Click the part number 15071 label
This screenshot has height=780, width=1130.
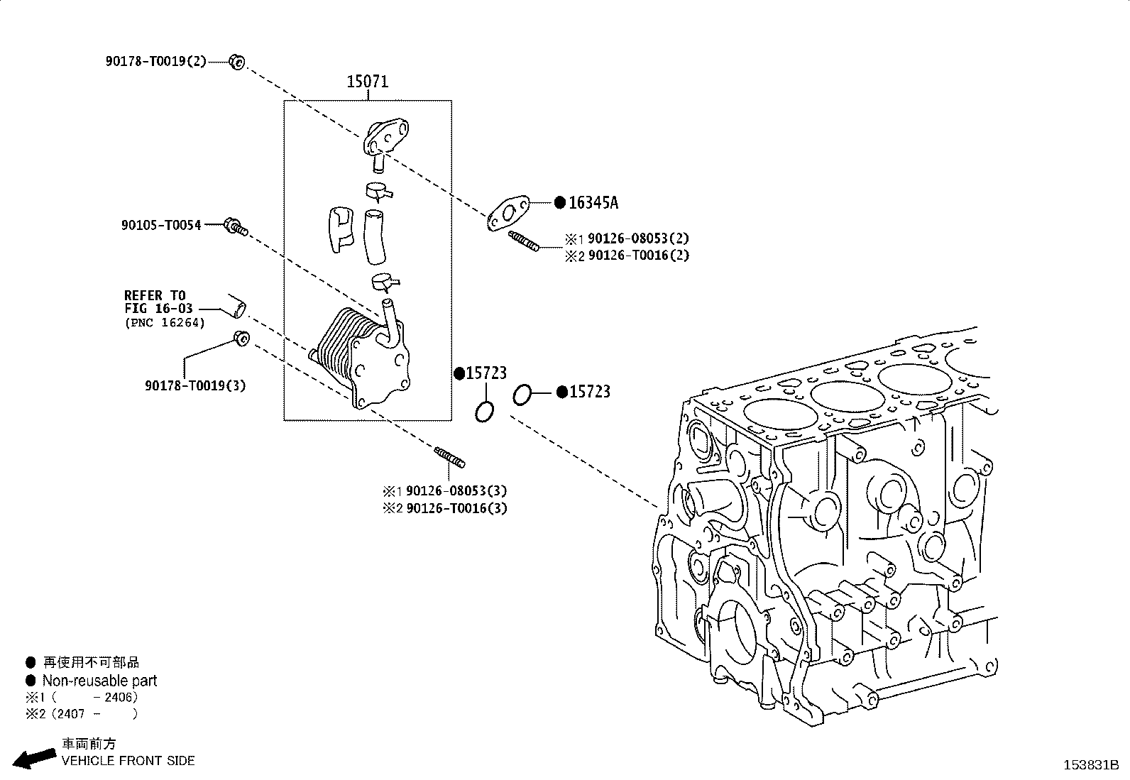point(367,81)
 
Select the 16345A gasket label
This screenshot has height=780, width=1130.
point(593,203)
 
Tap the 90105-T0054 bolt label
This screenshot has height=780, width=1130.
point(161,225)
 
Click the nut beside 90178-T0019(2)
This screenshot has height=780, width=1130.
point(236,62)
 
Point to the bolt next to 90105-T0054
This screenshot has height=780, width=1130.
point(236,226)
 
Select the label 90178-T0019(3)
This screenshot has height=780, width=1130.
point(195,385)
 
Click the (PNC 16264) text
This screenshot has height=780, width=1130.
point(165,323)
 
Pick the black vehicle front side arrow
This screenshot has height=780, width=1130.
point(34,758)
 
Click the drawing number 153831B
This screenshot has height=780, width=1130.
point(1091,765)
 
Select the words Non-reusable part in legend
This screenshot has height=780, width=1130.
point(100,681)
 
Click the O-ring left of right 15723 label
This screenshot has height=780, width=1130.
point(522,395)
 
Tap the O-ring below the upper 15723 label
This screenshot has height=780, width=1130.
point(484,412)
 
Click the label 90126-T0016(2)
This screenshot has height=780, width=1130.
point(639,256)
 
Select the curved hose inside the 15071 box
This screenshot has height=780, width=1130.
point(374,236)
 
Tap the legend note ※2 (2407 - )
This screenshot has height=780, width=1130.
point(82,714)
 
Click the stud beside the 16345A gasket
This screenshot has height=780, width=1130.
point(524,241)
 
